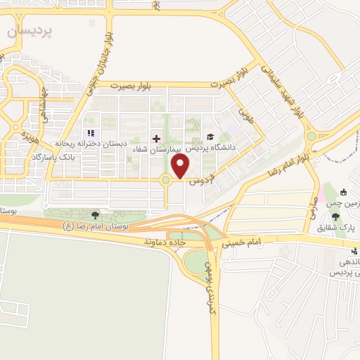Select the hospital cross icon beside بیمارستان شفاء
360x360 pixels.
tap(156, 138)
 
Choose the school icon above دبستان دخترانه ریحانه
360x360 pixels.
tap(89, 133)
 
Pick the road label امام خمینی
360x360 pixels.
tap(242, 243)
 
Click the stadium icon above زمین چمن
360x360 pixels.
tap(342, 192)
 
